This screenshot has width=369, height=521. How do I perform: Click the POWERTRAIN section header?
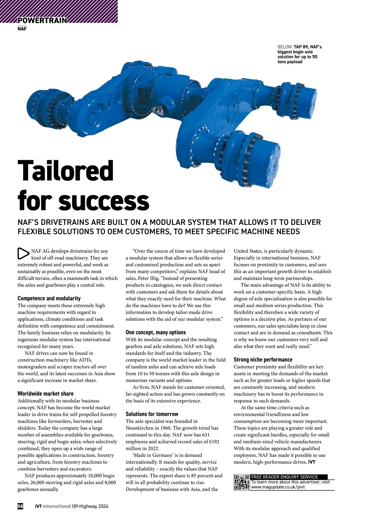click(42, 20)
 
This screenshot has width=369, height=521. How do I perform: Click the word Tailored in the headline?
click(65, 171)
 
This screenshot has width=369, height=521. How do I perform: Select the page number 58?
click(20, 506)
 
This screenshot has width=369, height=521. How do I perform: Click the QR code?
click(241, 482)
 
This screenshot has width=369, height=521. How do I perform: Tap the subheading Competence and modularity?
click(49, 298)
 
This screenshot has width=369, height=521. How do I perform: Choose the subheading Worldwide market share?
click(45, 394)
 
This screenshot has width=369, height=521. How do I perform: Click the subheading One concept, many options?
click(156, 332)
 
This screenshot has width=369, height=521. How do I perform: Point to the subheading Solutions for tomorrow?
click(152, 414)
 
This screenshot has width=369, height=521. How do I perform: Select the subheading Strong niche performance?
click(263, 359)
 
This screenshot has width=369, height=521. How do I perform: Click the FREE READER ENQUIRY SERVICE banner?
click(284, 477)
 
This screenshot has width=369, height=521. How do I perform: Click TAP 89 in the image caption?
click(301, 47)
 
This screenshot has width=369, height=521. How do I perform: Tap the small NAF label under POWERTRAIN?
click(22, 29)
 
